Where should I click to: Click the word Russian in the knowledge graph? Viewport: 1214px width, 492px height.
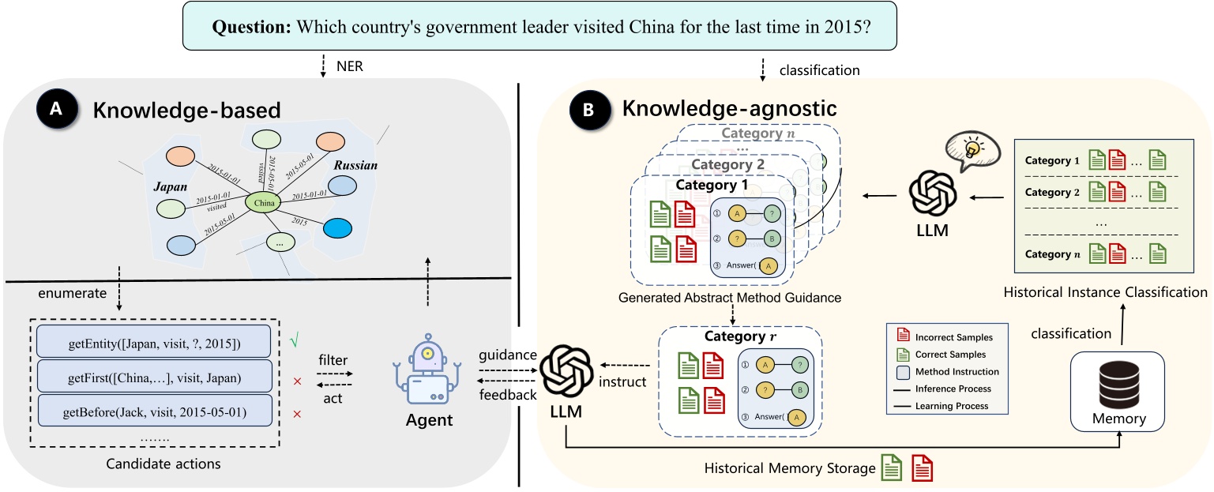tap(355, 166)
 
